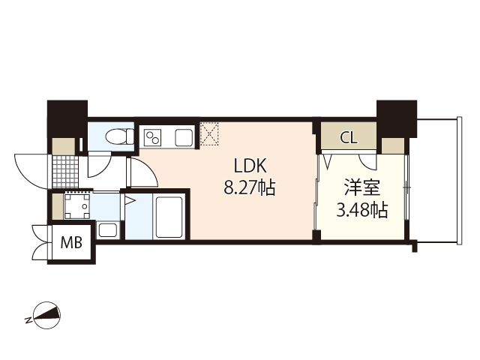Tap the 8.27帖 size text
[249, 189]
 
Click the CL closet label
[349, 138]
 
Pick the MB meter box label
[71, 243]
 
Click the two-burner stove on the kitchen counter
[153, 138]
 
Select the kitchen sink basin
[184, 138]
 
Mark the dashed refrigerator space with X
[208, 134]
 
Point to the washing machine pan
[76, 205]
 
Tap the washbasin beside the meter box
[107, 229]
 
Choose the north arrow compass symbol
[45, 316]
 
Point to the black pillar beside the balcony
[396, 117]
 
